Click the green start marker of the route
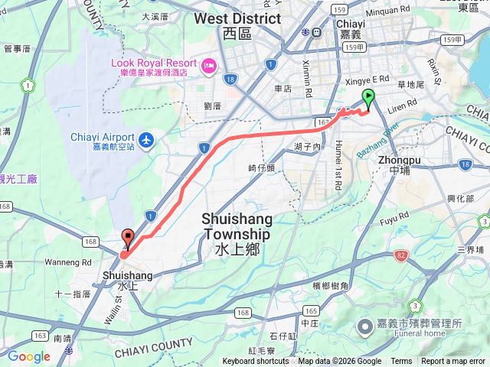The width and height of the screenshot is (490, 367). coord(370,98)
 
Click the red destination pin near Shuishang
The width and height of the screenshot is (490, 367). coord(128,239)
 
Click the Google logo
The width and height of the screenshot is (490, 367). coord(29,356)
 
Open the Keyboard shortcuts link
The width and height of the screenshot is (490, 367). coord(257,362)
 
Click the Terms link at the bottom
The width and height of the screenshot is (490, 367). coord(401,362)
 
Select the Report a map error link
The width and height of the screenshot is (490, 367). coord(454,362)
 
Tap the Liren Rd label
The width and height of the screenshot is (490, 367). coord(401,103)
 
